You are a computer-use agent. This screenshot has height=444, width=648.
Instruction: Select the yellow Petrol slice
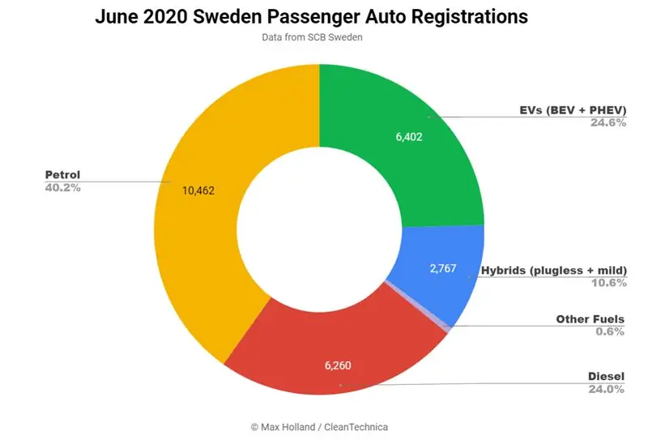tap(202, 243)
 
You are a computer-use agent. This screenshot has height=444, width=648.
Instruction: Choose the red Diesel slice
tap(324, 356)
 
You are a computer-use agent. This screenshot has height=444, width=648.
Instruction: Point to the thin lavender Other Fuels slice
tap(417, 305)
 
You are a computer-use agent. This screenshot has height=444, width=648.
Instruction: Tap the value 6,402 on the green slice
tap(409, 137)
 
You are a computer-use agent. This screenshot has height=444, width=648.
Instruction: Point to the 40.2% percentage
tap(63, 187)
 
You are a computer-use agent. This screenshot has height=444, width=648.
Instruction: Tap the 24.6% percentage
tap(607, 124)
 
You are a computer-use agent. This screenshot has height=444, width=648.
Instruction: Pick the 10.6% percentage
tap(607, 283)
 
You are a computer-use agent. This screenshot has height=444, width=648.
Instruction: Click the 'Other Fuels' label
tap(590, 319)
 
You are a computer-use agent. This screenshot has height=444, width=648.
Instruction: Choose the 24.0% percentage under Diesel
tap(607, 390)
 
